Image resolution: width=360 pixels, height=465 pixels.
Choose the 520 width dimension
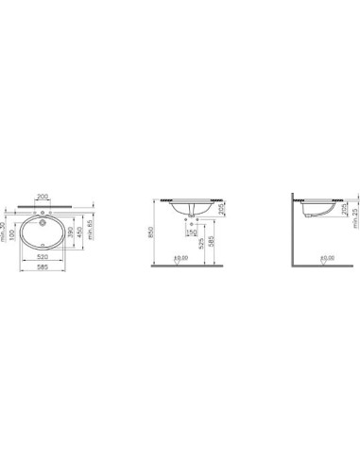[x=43, y=255]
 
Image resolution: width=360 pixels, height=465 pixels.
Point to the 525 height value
[x=201, y=245]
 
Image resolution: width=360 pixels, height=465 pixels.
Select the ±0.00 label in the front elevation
[x=181, y=257]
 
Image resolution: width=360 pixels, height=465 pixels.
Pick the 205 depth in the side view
[x=344, y=210]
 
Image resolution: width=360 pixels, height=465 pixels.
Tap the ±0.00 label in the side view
[x=327, y=257]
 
